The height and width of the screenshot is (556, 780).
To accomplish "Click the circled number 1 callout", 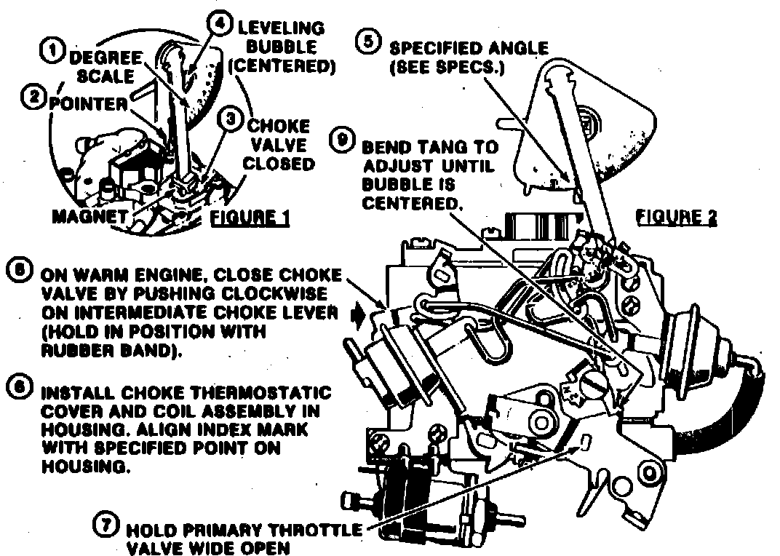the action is (x=52, y=51).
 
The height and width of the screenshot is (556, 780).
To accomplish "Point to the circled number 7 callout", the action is (x=107, y=523).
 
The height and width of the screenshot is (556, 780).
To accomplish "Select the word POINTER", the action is (x=88, y=104).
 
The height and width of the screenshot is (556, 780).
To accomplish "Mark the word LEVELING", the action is (x=279, y=28).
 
